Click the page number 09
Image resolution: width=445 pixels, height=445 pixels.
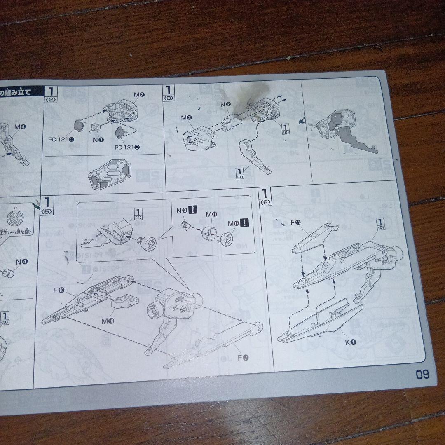point(422,374)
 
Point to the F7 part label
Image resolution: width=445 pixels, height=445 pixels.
point(243,357)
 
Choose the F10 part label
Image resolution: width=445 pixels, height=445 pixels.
point(59,290)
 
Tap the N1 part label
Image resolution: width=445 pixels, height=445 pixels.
point(98,140)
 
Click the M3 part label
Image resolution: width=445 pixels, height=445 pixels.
point(139,95)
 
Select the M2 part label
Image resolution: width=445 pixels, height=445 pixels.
point(186,118)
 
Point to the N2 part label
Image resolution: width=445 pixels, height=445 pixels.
point(225,104)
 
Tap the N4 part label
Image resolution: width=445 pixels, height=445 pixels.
point(21,261)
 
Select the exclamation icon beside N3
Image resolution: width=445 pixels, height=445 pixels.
point(192,210)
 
